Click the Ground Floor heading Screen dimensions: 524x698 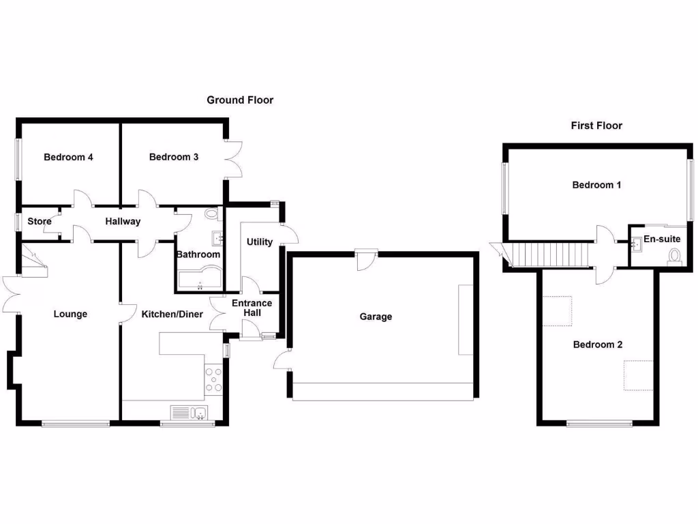click(240, 100)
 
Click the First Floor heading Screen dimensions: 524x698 click(596, 126)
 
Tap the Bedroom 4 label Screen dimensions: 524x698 click(68, 157)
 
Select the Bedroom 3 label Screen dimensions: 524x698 click(174, 157)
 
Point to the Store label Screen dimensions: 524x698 click(40, 221)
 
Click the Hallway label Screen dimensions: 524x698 click(123, 221)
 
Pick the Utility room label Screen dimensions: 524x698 click(260, 242)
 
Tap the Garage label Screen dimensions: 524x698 click(376, 317)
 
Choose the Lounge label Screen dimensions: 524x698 click(71, 315)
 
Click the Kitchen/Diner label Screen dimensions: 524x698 click(172, 315)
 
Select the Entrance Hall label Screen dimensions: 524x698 click(252, 308)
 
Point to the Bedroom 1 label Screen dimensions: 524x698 click(596, 185)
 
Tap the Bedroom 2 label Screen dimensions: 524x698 click(598, 345)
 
